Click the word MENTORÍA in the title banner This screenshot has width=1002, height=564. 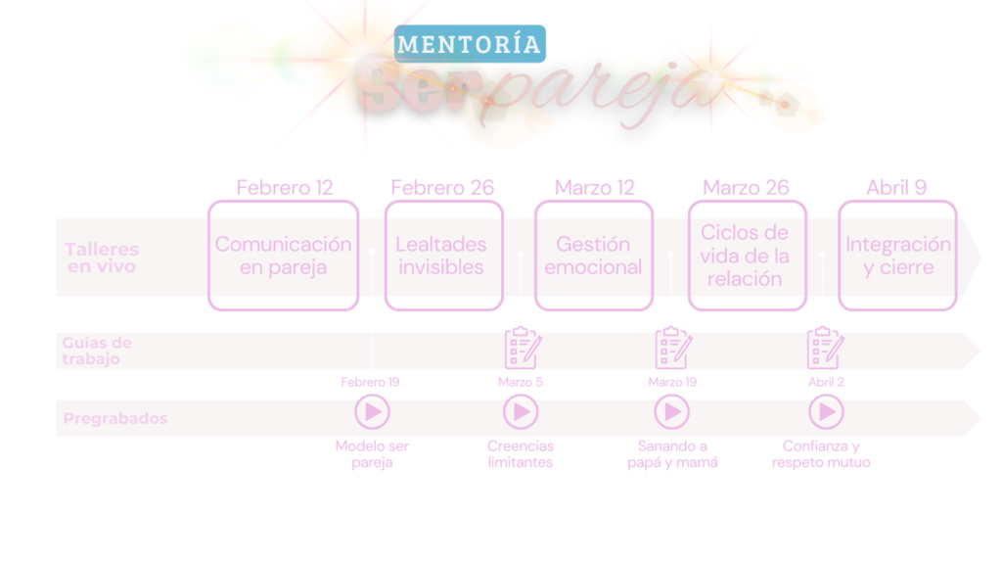[x=470, y=44]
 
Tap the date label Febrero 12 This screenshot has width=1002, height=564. [x=285, y=187]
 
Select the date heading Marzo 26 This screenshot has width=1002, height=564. [x=746, y=187]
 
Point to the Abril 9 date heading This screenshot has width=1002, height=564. [x=896, y=187]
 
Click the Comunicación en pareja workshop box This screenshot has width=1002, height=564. [x=283, y=256]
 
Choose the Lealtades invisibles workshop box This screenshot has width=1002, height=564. [x=442, y=256]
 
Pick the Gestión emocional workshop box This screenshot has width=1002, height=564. [x=593, y=256]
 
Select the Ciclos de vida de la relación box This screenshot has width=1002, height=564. [x=747, y=256]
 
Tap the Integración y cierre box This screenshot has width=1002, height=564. [x=897, y=256]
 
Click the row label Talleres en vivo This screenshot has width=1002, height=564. [x=101, y=258]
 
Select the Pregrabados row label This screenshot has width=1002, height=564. [x=114, y=419]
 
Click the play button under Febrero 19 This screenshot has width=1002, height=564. [x=372, y=412]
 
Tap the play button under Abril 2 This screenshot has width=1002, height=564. [x=826, y=412]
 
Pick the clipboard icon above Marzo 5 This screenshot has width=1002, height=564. [x=522, y=349]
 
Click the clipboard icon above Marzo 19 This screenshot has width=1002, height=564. [x=672, y=349]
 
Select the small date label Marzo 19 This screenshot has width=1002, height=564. [x=672, y=382]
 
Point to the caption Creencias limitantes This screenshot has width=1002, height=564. [x=521, y=454]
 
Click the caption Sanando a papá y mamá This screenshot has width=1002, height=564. [x=672, y=454]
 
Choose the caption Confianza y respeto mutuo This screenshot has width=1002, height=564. [x=821, y=454]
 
